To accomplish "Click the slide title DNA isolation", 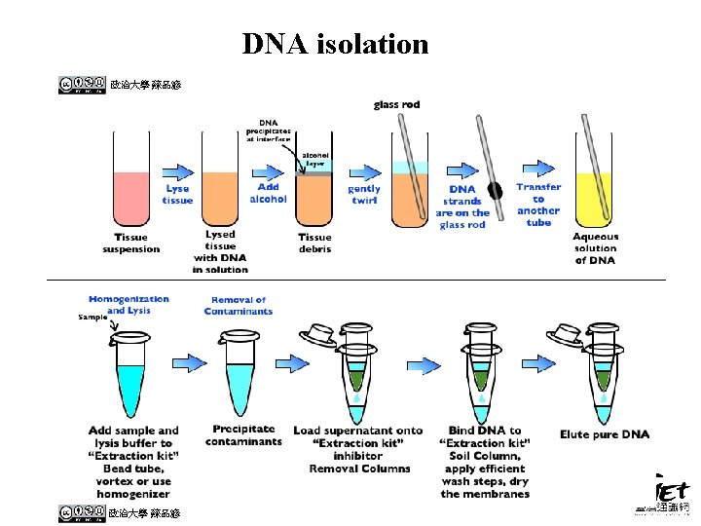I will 335,44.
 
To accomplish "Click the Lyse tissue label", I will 177,194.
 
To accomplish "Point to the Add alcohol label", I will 268,193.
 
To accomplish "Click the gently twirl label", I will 364,194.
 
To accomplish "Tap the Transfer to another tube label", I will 538,205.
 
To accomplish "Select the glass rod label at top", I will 399,104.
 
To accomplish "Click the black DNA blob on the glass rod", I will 496,191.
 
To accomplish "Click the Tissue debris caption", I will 314,243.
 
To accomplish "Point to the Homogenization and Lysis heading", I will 129,305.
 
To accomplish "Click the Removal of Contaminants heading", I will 239,306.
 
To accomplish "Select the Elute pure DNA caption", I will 604,434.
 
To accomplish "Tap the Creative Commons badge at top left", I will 82,85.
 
